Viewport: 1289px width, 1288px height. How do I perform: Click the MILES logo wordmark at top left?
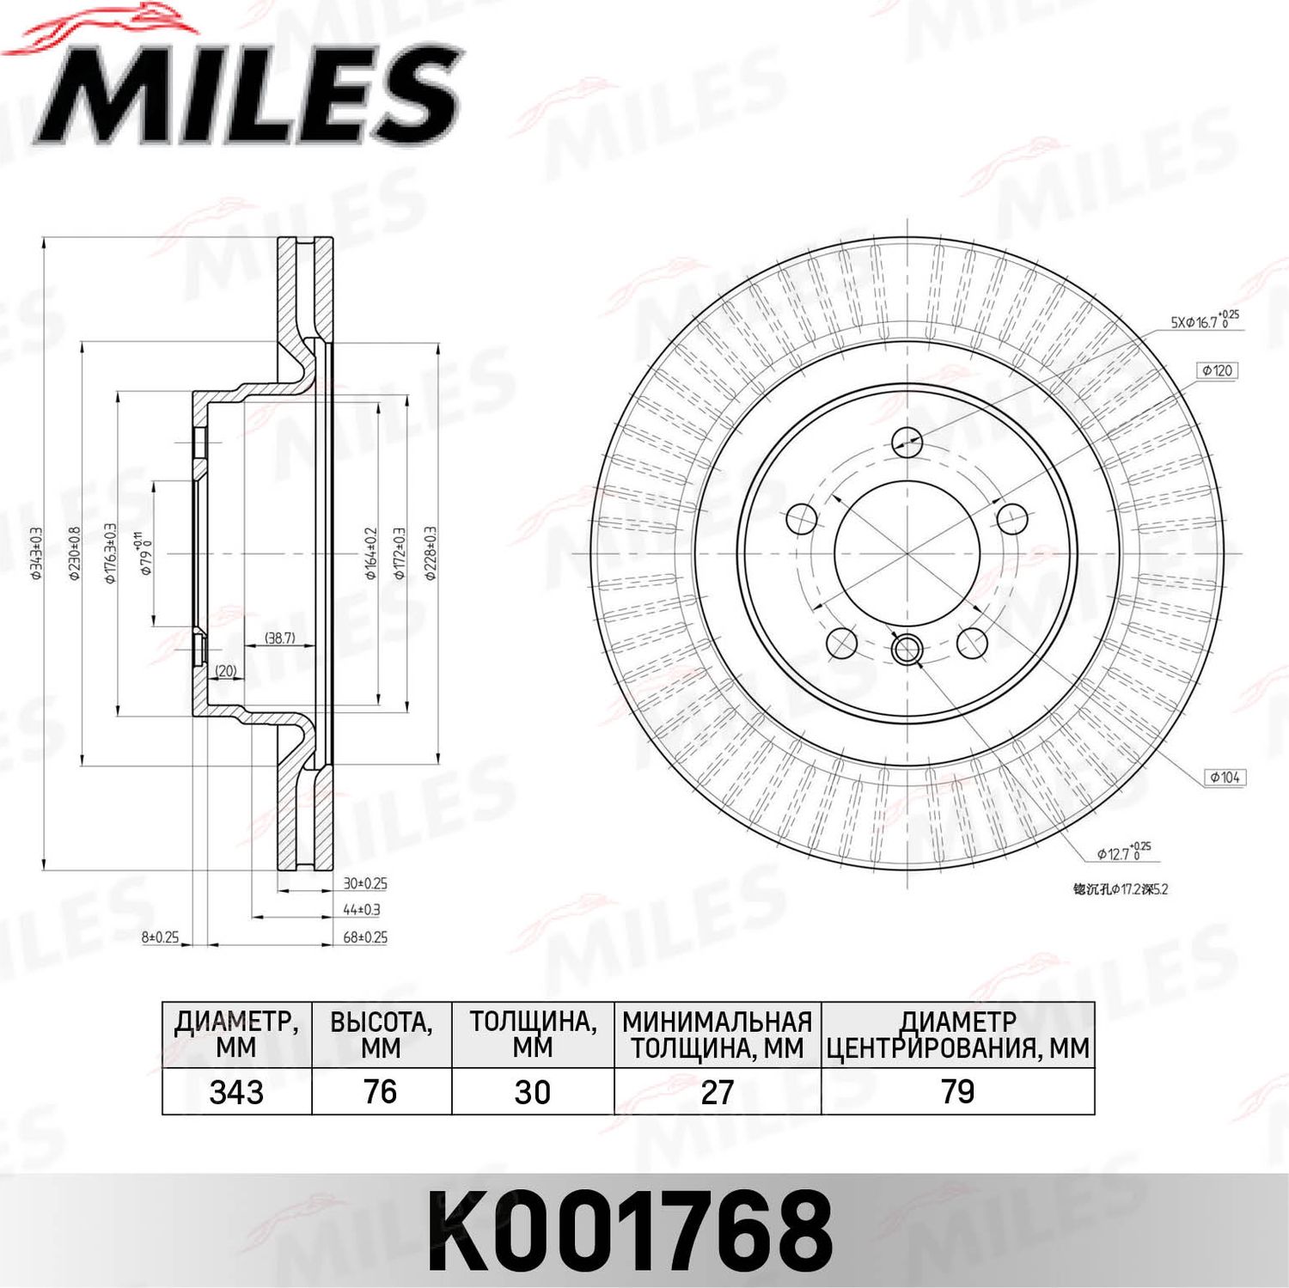pyautogui.click(x=249, y=95)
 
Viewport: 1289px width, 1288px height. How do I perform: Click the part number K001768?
pyautogui.click(x=630, y=1231)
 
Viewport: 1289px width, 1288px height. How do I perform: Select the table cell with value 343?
pyautogui.click(x=236, y=1092)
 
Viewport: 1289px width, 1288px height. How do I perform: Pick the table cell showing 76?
pyautogui.click(x=381, y=1092)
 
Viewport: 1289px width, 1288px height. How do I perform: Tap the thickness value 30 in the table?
pyautogui.click(x=532, y=1092)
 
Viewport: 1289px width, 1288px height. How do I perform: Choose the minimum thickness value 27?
pyautogui.click(x=717, y=1092)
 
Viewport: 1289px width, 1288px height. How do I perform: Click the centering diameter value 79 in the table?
pyautogui.click(x=957, y=1092)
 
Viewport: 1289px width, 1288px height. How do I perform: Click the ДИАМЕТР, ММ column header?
pyautogui.click(x=236, y=1035)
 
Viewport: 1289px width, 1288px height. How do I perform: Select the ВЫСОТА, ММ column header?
pyautogui.click(x=381, y=1035)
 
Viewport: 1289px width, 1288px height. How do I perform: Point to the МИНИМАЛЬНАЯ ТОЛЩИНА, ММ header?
pyautogui.click(x=717, y=1035)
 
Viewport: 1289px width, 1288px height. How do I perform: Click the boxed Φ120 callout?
pyautogui.click(x=1217, y=370)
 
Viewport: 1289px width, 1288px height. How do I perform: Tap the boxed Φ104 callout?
pyautogui.click(x=1225, y=777)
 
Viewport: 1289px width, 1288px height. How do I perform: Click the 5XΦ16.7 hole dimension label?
pyautogui.click(x=1204, y=321)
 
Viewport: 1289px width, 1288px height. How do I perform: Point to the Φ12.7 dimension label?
pyautogui.click(x=1122, y=852)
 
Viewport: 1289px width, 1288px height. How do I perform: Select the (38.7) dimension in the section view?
pyautogui.click(x=279, y=638)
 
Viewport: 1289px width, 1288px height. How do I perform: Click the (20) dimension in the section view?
pyautogui.click(x=225, y=670)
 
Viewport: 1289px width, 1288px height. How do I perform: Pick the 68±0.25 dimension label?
pyautogui.click(x=365, y=937)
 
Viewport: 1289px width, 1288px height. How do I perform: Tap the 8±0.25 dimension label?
pyautogui.click(x=161, y=937)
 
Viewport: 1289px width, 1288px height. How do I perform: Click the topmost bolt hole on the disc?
pyautogui.click(x=907, y=442)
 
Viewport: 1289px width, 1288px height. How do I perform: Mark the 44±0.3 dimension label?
pyautogui.click(x=362, y=909)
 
